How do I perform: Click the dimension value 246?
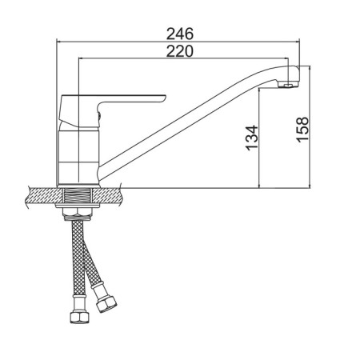pos(180,34)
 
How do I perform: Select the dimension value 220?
pos(179,51)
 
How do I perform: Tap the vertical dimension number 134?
pos(252,138)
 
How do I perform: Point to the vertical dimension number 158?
pos(302,130)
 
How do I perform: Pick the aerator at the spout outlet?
pos(287,85)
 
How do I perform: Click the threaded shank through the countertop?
pos(78,195)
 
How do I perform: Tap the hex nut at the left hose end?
pos(79,318)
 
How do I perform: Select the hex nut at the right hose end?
pos(106,303)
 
